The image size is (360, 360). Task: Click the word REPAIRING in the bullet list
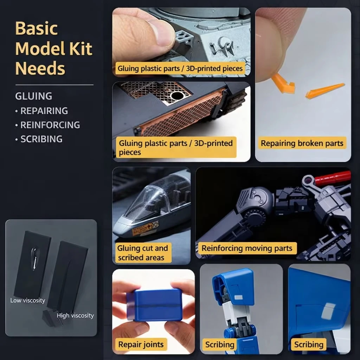pos(44,111)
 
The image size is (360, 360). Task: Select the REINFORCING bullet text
pos(50,125)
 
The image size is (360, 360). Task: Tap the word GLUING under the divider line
pos(34,96)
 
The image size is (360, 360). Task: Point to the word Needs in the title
pos(40,69)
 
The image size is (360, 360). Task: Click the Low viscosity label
pos(27,300)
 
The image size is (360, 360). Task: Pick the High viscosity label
pos(75,315)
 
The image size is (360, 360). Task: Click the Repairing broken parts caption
pos(302,143)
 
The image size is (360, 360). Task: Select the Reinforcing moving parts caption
pos(247,248)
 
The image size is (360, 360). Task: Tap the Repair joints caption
pos(141,345)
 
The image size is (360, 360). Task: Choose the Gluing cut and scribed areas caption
pos(143,252)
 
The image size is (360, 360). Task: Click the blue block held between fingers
pos(154,305)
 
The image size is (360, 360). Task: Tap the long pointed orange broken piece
pos(324,91)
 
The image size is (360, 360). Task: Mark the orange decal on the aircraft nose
pos(146,229)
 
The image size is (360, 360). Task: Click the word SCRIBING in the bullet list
pos(41,139)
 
